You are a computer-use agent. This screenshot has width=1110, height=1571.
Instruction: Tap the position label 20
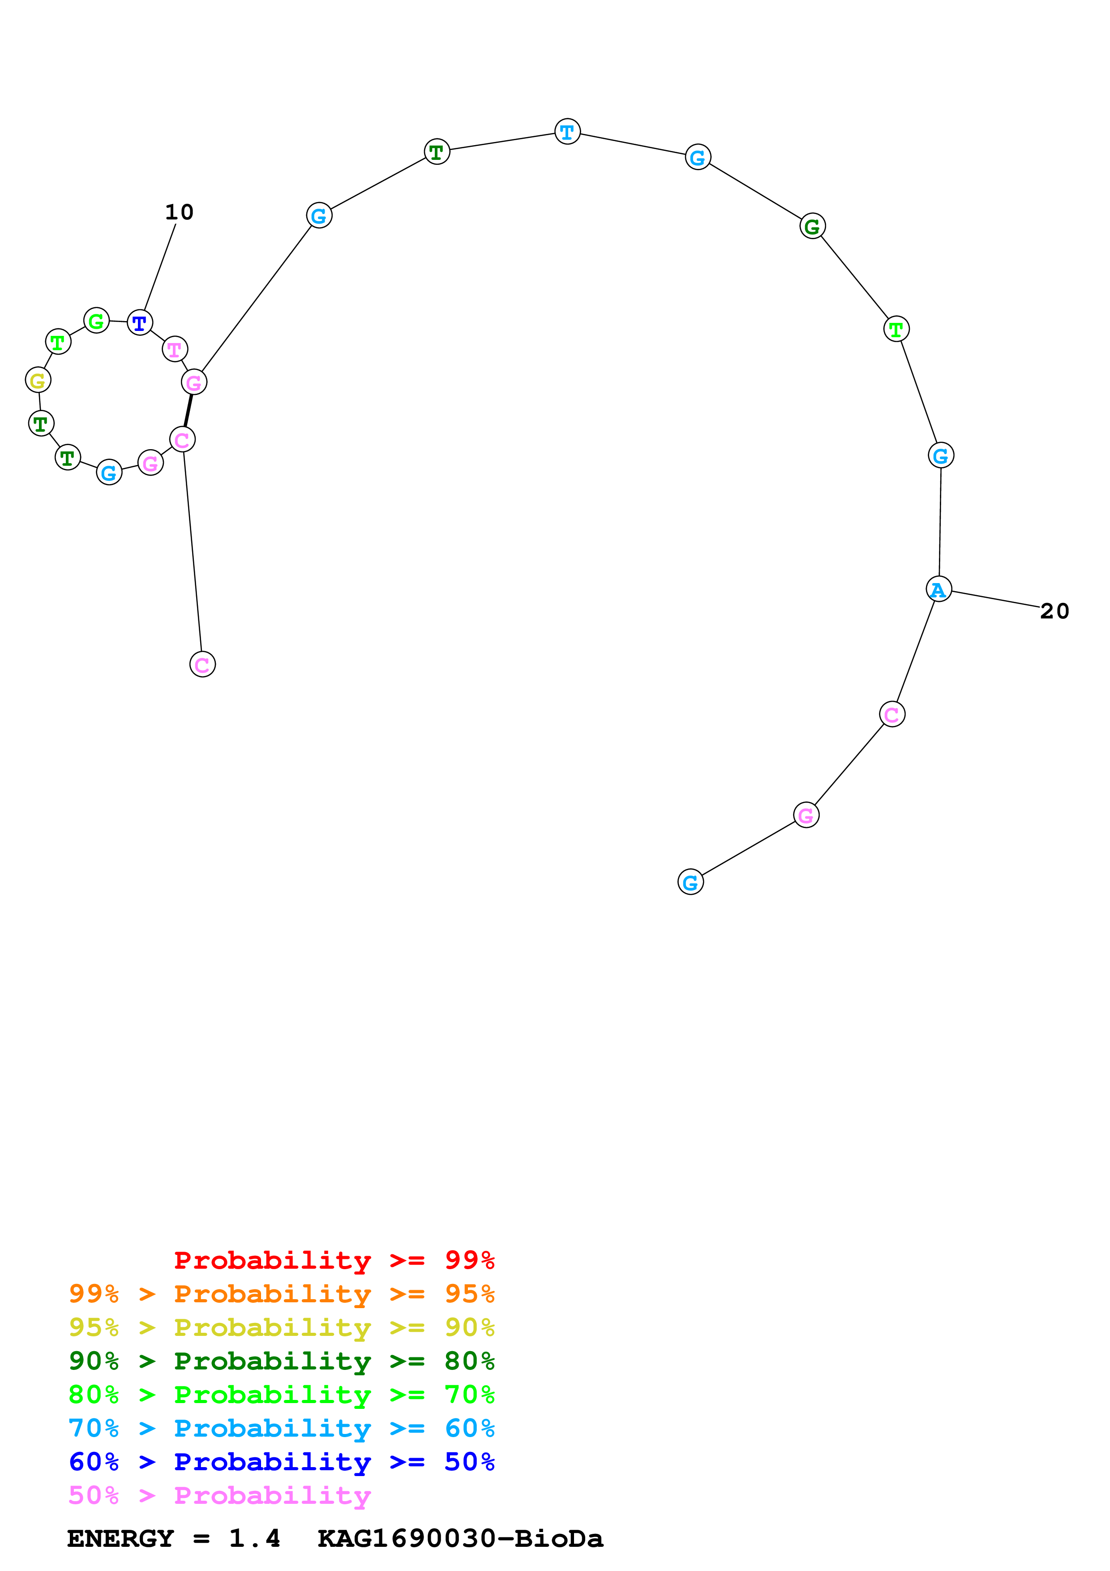pyautogui.click(x=1054, y=611)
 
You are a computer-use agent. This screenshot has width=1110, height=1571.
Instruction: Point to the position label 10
pyautogui.click(x=179, y=212)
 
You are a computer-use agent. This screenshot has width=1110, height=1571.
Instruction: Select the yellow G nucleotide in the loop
pyautogui.click(x=38, y=380)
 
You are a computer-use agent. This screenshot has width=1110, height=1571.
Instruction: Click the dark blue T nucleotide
pyautogui.click(x=140, y=322)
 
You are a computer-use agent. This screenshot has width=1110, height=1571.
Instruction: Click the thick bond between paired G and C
pyautogui.click(x=188, y=411)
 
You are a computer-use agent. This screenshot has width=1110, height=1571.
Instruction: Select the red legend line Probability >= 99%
pyautogui.click(x=334, y=1260)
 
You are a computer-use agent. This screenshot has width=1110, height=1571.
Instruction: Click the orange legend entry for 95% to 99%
pyautogui.click(x=281, y=1293)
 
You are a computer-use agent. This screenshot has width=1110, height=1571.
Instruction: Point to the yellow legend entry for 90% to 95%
pyautogui.click(x=281, y=1327)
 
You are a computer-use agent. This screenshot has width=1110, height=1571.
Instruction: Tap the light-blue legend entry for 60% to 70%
pyautogui.click(x=281, y=1428)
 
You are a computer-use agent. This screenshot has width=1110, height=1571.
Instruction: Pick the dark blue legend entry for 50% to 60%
pyautogui.click(x=281, y=1462)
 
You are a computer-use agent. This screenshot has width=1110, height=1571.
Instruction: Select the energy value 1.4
pyautogui.click(x=254, y=1538)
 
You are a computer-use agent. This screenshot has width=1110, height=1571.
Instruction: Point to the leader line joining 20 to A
pyautogui.click(x=995, y=599)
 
